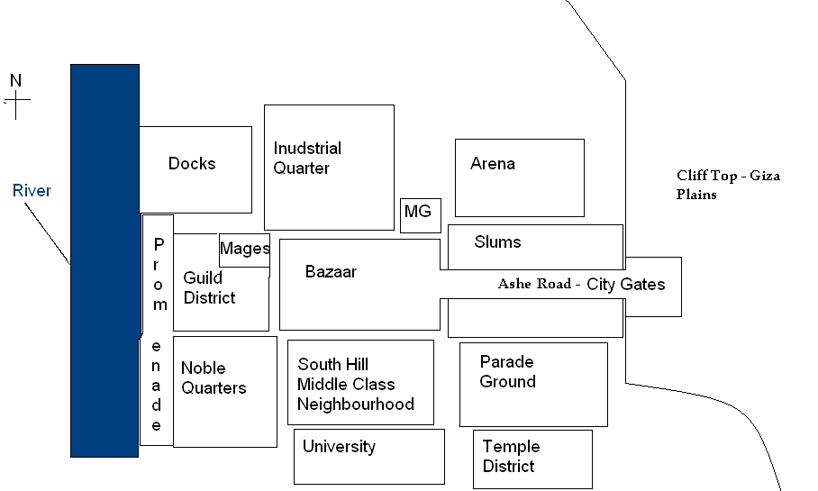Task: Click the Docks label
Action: pyautogui.click(x=192, y=163)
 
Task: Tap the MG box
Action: pyautogui.click(x=421, y=215)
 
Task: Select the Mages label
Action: pyautogui.click(x=245, y=249)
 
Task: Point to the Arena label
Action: pyautogui.click(x=493, y=164)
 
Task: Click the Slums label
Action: pyautogui.click(x=497, y=241)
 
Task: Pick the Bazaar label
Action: pyautogui.click(x=331, y=271)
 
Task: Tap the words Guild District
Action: pyautogui.click(x=209, y=287)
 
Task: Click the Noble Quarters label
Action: pyautogui.click(x=214, y=377)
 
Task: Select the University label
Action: pyautogui.click(x=339, y=447)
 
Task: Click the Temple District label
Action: pyautogui.click(x=512, y=456)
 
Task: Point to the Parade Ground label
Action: pyautogui.click(x=507, y=371)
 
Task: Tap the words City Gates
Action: pyautogui.click(x=626, y=285)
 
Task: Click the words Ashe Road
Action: pyautogui.click(x=535, y=284)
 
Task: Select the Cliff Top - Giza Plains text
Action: pyautogui.click(x=728, y=185)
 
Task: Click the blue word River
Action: pyautogui.click(x=32, y=190)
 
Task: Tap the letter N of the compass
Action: pyautogui.click(x=15, y=80)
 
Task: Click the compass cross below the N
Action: pyautogui.click(x=16, y=105)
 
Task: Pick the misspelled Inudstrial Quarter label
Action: pyautogui.click(x=307, y=158)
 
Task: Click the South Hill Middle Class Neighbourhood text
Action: pyautogui.click(x=356, y=384)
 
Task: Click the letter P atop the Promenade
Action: pyautogui.click(x=159, y=243)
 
